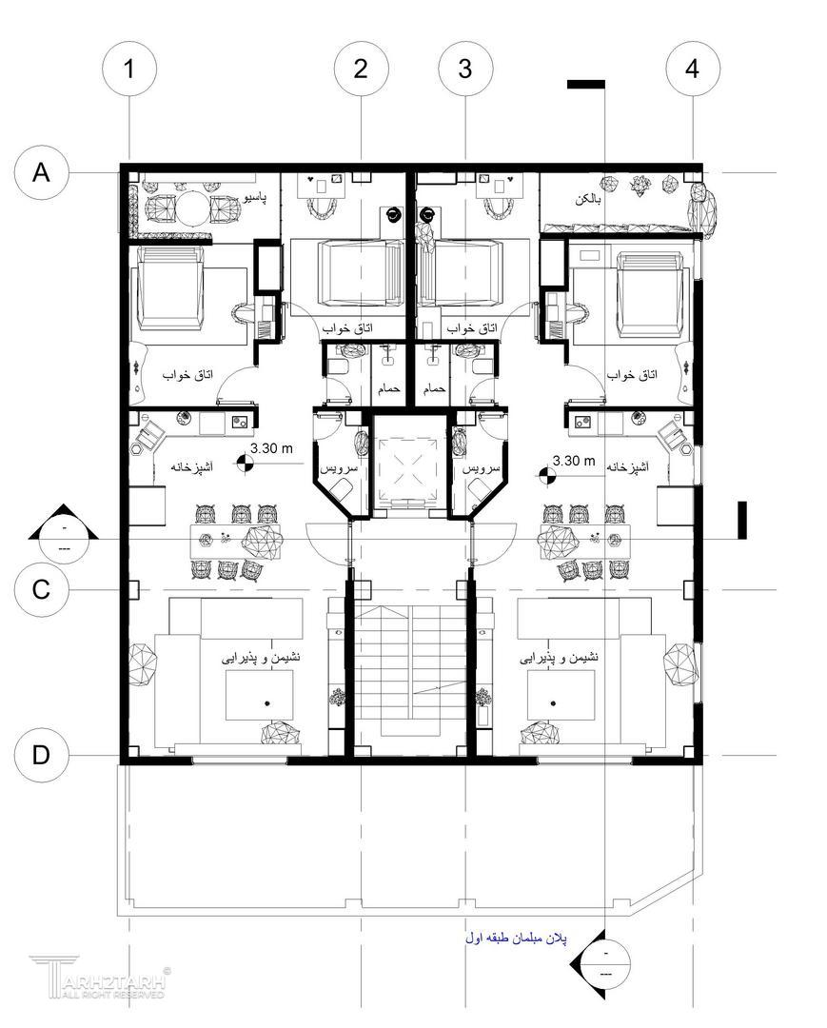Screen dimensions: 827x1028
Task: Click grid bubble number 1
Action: point(129,69)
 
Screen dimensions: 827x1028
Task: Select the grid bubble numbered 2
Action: point(361,69)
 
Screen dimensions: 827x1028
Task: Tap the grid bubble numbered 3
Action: point(465,69)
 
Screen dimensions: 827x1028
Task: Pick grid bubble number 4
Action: point(693,69)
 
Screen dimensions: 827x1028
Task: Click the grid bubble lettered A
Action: point(41,172)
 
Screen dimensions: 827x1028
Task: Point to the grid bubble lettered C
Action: point(41,589)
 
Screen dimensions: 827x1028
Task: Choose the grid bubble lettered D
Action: point(41,755)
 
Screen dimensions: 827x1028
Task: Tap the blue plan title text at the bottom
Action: point(517,939)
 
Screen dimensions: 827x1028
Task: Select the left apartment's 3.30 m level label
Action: point(271,448)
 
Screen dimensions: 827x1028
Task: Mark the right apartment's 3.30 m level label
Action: point(574,461)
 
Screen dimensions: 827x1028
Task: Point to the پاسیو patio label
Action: point(254,197)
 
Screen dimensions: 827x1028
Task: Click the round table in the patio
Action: point(193,208)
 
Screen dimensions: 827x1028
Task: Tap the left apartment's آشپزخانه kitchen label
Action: point(192,466)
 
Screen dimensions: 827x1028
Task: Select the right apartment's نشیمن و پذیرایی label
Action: point(559,657)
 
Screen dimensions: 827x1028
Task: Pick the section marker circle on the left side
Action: point(64,538)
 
